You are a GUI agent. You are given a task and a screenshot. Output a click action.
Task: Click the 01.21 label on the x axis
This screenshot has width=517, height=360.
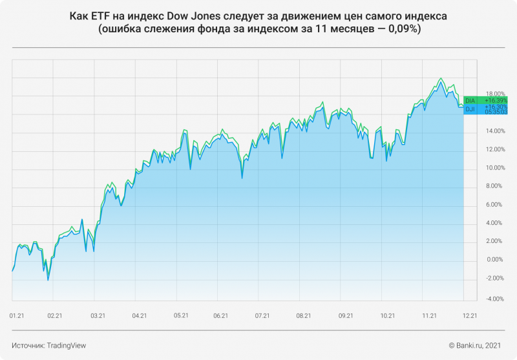[x=17, y=315]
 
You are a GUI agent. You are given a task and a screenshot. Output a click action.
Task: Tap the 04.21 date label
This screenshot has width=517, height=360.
[x=139, y=315]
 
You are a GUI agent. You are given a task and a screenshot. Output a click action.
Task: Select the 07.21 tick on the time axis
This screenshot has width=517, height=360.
[x=262, y=315]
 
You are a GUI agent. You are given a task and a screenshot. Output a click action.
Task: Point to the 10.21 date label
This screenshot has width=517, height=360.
[x=388, y=315]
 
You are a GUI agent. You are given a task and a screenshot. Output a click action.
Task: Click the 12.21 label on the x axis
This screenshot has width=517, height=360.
[x=470, y=315]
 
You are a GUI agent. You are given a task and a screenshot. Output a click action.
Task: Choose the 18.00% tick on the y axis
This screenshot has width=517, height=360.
[x=478, y=94]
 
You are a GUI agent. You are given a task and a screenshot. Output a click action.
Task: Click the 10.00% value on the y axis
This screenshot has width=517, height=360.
[x=478, y=168]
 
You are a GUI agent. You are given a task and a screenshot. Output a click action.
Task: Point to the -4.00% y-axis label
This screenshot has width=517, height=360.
[x=478, y=299]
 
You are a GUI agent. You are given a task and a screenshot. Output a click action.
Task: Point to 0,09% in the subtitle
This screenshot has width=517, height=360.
[x=401, y=30]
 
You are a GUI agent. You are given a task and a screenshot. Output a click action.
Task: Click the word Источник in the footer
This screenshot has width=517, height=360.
[x=28, y=346]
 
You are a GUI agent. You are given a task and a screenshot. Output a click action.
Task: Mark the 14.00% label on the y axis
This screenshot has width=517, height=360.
[x=478, y=131]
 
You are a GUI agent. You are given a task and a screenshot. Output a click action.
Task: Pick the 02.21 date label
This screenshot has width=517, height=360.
[x=54, y=315]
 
